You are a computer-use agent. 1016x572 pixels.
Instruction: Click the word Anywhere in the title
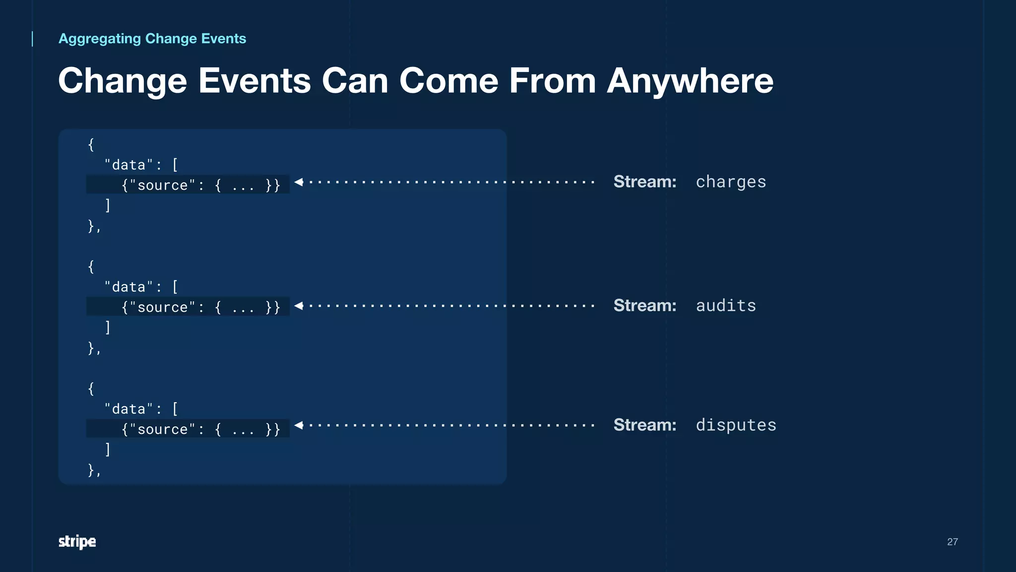[690, 81]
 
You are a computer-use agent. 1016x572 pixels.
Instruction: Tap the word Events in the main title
[254, 81]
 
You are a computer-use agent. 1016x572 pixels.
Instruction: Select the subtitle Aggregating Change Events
[152, 39]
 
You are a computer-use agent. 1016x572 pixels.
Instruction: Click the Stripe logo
[77, 542]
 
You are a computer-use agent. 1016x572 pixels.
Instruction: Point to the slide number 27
[952, 542]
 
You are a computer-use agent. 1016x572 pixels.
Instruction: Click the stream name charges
[731, 182]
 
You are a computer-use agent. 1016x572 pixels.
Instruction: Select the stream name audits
[726, 306]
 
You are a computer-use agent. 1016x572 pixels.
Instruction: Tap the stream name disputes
[736, 426]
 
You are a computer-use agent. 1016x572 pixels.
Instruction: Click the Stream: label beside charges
[645, 182]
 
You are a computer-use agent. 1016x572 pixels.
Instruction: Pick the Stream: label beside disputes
[645, 426]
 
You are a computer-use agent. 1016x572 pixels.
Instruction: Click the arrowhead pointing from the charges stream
[299, 182]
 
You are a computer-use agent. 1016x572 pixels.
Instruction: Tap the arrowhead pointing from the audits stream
[299, 306]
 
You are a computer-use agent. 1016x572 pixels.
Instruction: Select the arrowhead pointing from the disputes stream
[299, 425]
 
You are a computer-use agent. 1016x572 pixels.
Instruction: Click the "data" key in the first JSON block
[128, 165]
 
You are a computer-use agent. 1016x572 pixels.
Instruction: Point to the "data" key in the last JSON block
[128, 409]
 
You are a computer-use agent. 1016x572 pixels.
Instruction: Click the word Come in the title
[448, 81]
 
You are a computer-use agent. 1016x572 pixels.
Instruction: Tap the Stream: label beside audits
[645, 306]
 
